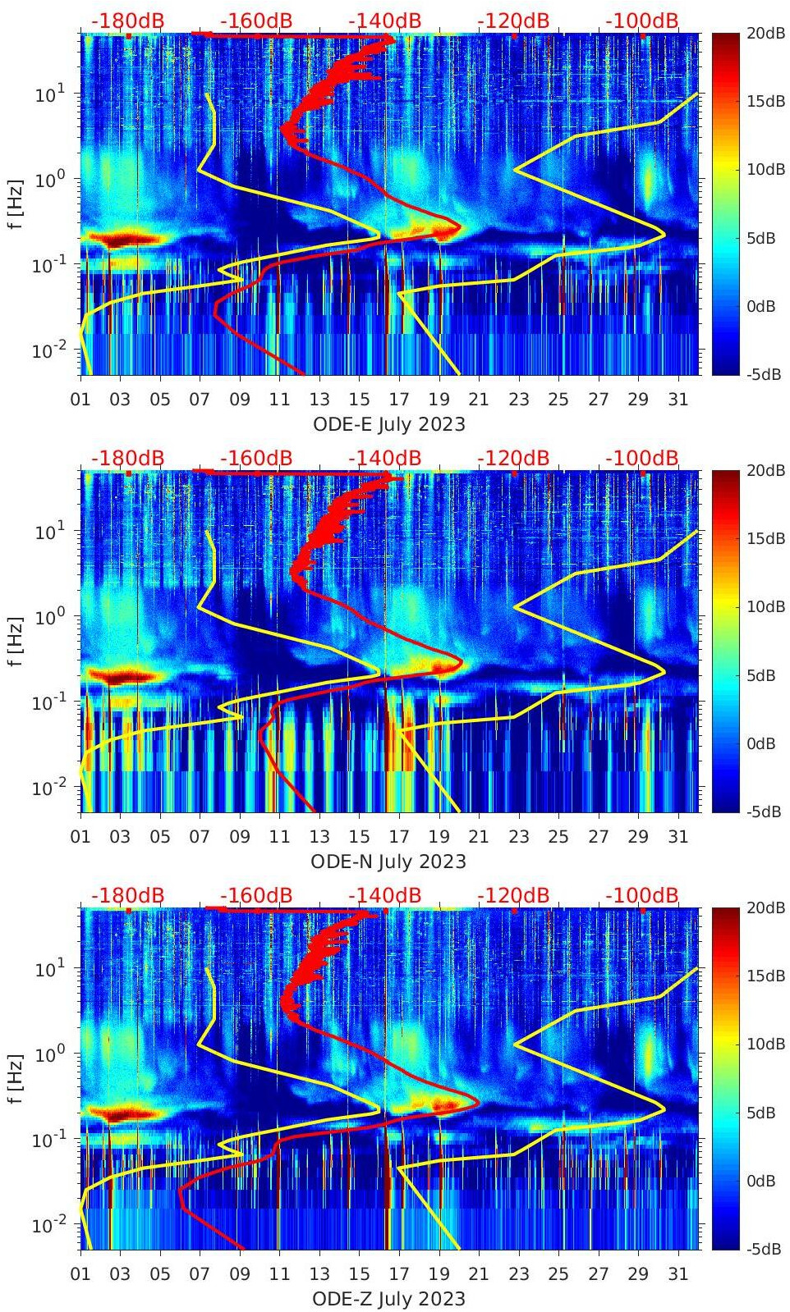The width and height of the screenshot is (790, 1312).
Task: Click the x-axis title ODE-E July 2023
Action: (x=388, y=424)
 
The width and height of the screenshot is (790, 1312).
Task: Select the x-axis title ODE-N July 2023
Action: (x=388, y=862)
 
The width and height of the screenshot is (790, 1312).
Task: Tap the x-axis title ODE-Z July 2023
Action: (x=388, y=1299)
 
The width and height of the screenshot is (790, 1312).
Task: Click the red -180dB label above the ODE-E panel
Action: (x=127, y=21)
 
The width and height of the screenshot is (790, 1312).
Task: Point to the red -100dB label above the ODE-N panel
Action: (x=642, y=458)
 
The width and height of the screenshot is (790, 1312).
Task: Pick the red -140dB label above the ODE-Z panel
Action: (x=384, y=895)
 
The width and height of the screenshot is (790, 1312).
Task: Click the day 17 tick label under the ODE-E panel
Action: (x=399, y=400)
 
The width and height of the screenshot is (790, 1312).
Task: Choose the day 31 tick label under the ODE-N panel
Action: (x=677, y=837)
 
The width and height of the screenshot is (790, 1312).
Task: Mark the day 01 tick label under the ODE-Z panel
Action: (x=81, y=1274)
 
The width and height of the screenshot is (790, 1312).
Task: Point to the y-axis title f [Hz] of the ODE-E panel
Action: (x=16, y=203)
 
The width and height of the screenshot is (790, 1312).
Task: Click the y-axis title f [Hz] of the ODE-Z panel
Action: (x=16, y=1078)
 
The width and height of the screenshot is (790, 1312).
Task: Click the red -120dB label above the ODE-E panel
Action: (x=513, y=21)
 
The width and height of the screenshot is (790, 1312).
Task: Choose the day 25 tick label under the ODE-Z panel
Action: (x=558, y=1274)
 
